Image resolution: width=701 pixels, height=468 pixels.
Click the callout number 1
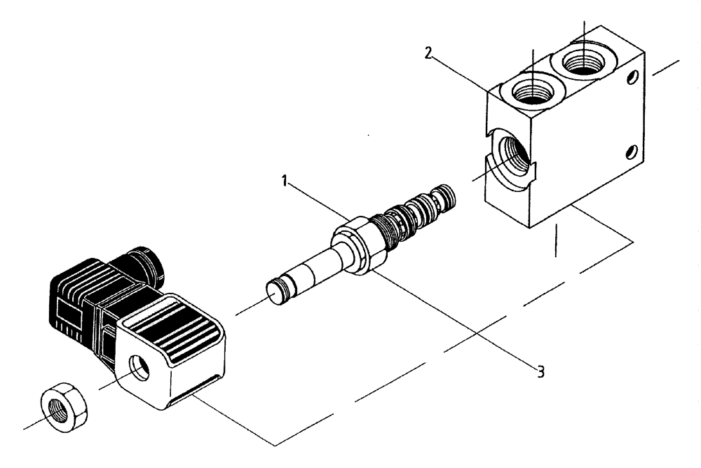[x=285, y=181]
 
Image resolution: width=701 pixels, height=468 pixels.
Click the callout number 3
[x=540, y=372]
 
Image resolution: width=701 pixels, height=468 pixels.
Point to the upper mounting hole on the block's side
[x=633, y=77]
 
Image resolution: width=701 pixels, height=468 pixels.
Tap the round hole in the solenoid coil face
[x=140, y=368]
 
